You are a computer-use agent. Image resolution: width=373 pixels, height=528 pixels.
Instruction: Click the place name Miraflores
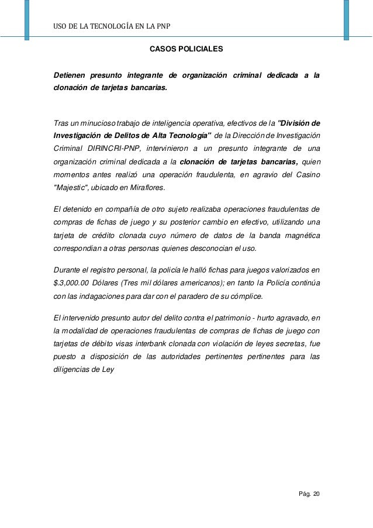tap(147, 188)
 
